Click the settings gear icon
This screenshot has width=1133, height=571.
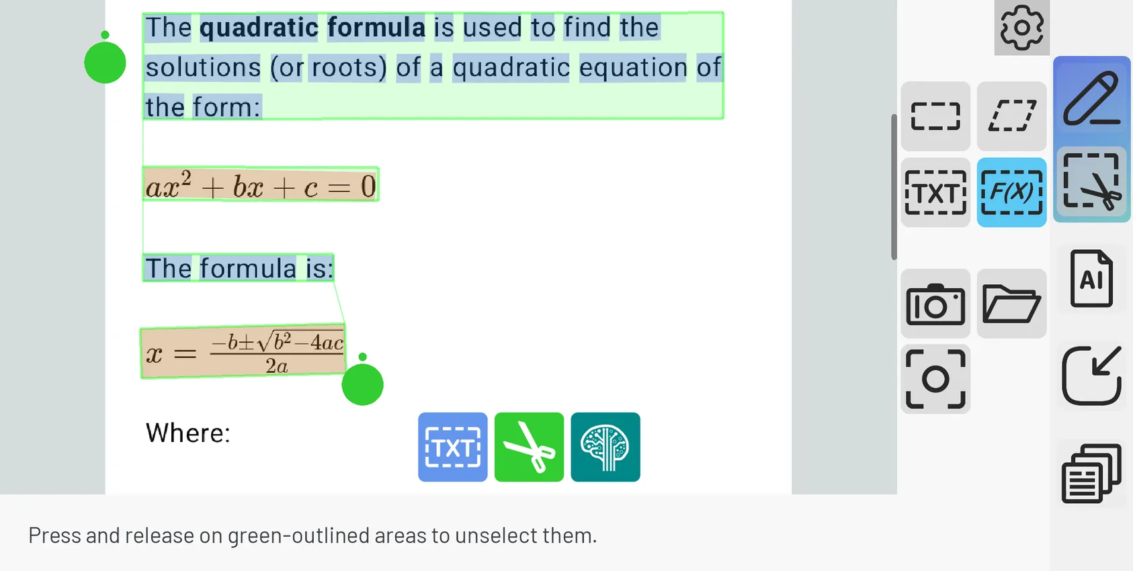click(x=1021, y=28)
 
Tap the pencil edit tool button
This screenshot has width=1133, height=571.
click(x=1091, y=99)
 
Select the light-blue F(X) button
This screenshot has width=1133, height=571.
click(x=1011, y=193)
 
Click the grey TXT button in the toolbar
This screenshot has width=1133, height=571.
click(x=935, y=193)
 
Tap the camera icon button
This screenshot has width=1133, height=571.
click(x=935, y=304)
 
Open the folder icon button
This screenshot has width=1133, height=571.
click(x=1011, y=304)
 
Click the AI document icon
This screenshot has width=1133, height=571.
click(x=1091, y=278)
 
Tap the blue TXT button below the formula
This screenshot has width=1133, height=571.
click(x=453, y=447)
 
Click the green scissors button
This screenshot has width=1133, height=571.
click(x=529, y=447)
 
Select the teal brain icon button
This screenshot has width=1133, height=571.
click(x=605, y=447)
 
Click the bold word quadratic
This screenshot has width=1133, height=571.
click(x=259, y=28)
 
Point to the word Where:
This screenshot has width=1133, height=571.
click(x=188, y=433)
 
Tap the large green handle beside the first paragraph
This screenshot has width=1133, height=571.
click(x=105, y=62)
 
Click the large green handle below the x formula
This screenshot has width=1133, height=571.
click(x=363, y=384)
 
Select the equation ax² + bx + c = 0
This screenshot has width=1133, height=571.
click(x=261, y=185)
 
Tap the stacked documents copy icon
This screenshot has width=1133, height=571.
click(x=1091, y=474)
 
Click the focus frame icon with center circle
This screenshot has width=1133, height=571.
click(x=935, y=379)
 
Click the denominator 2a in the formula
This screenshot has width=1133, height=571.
click(x=277, y=366)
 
